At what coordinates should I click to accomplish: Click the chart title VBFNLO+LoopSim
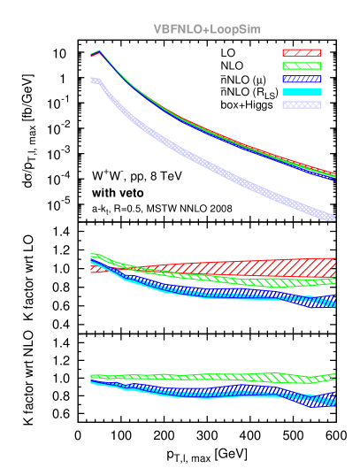pyautogui.click(x=206, y=29)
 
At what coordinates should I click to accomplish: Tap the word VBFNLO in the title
pyautogui.click(x=177, y=29)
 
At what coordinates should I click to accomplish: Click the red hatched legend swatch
pyautogui.click(x=302, y=53)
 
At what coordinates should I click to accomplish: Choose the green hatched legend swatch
pyautogui.click(x=302, y=65)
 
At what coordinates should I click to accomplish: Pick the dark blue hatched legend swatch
pyautogui.click(x=302, y=79)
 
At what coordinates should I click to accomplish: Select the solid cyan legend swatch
pyautogui.click(x=302, y=91)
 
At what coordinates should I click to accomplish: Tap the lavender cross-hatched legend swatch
pyautogui.click(x=302, y=104)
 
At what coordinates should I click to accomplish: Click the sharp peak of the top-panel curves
pyautogui.click(x=98, y=51)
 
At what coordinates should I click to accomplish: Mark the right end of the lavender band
pyautogui.click(x=334, y=218)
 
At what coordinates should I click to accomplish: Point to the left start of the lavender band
pyautogui.click(x=92, y=81)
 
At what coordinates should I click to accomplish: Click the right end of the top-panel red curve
pyautogui.click(x=334, y=173)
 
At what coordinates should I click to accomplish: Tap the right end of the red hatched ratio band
pyautogui.click(x=334, y=266)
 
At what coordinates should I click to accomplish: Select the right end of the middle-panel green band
pyautogui.click(x=334, y=281)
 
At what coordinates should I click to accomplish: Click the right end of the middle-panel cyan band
pyautogui.click(x=334, y=303)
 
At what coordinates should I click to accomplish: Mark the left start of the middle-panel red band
pyautogui.click(x=92, y=268)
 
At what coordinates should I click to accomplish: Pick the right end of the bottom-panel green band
pyautogui.click(x=334, y=375)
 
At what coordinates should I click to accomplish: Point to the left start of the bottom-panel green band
pyautogui.click(x=92, y=376)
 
